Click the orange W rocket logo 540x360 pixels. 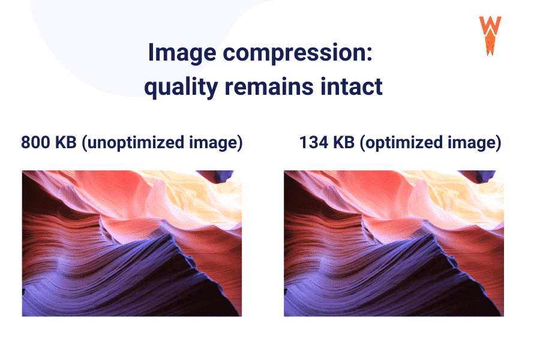(490, 35)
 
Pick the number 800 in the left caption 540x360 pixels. (37, 143)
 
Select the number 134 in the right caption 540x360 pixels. (313, 143)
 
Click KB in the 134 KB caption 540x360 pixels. (344, 143)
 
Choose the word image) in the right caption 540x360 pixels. (478, 143)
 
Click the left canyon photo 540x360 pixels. (131, 243)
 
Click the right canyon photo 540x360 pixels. (394, 243)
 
